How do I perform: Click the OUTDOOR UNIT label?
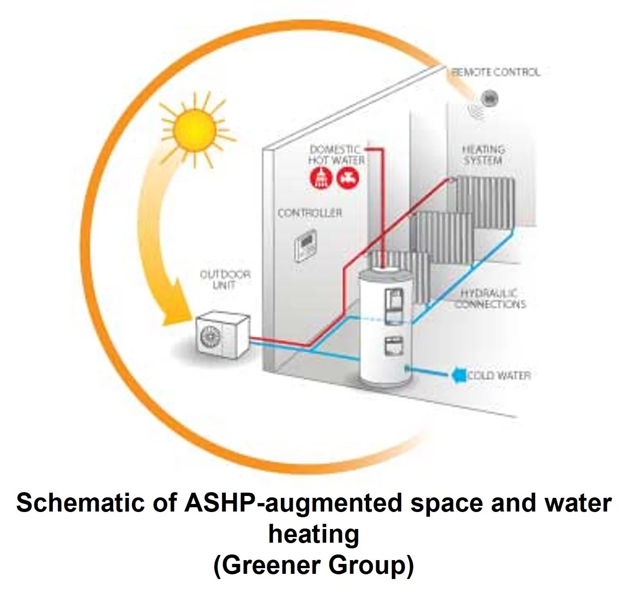pos(225,279)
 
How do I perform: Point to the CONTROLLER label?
pos(309,213)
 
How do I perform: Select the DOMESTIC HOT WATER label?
pos(336,155)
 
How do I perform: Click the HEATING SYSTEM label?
pos(483,155)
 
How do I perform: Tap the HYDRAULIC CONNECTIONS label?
pos(490,299)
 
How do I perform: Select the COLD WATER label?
pos(499,376)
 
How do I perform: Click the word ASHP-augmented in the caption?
pos(292,503)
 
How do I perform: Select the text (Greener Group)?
pos(314,565)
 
